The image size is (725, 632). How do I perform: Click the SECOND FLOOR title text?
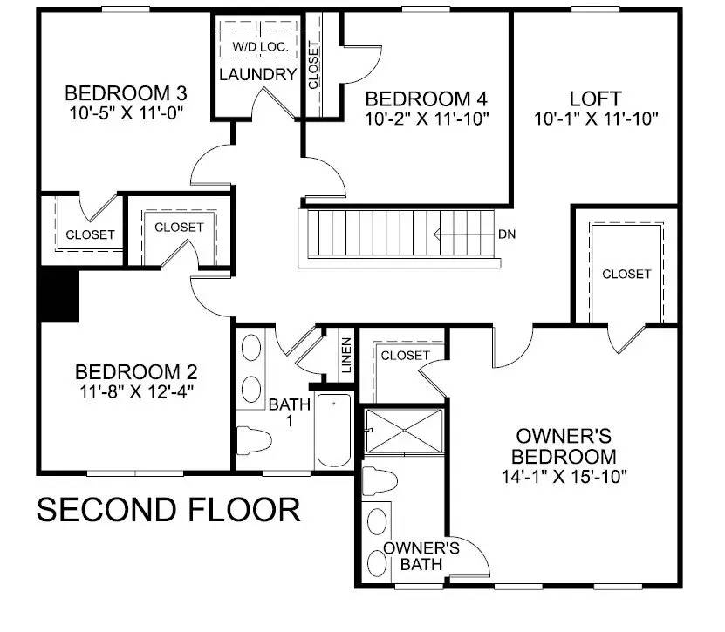point(168,508)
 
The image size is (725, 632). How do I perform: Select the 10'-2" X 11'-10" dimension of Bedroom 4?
point(427,116)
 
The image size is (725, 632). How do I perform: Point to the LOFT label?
point(595,98)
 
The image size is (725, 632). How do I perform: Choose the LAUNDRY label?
point(257,74)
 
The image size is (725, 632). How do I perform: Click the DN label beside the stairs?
point(507,234)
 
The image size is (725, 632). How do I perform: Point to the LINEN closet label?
point(346,356)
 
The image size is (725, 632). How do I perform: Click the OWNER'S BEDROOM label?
point(566,445)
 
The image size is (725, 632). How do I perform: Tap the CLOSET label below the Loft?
point(626,274)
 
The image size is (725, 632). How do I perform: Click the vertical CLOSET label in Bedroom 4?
point(313,65)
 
